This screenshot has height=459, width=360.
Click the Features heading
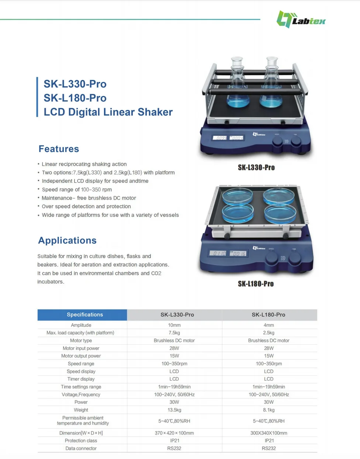(59, 149)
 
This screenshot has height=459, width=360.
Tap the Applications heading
(67, 241)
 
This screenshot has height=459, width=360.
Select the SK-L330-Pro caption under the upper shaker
(256, 168)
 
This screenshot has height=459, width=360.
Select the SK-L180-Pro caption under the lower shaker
(256, 284)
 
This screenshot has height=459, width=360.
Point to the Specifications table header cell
(85, 315)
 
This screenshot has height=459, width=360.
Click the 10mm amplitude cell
(174, 325)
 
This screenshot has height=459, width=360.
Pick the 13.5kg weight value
(174, 410)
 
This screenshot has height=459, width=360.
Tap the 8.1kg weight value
(269, 410)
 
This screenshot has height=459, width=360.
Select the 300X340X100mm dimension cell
(269, 433)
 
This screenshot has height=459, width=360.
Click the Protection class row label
(81, 441)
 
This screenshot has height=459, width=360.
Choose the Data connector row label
(81, 448)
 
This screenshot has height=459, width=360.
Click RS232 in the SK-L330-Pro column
(174, 448)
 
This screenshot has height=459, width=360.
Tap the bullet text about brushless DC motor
(89, 198)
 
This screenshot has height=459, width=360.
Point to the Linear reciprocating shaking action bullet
(84, 164)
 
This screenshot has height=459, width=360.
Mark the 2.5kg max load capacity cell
(269, 333)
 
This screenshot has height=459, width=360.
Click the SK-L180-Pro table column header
(269, 315)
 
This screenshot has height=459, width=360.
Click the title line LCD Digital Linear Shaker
(108, 112)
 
